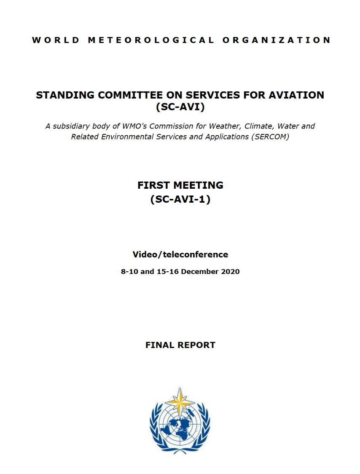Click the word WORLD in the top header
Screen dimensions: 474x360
pyautogui.click(x=56, y=40)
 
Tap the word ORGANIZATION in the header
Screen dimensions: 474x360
pyautogui.click(x=277, y=40)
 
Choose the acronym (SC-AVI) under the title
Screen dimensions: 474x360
pyautogui.click(x=180, y=107)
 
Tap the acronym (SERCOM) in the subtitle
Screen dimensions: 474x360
pyautogui.click(x=270, y=137)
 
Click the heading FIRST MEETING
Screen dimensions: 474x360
pyautogui.click(x=180, y=185)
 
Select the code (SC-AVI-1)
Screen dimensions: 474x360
pyautogui.click(x=180, y=199)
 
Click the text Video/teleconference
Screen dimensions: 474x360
pyautogui.click(x=180, y=254)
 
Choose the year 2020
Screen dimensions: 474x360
pyautogui.click(x=230, y=272)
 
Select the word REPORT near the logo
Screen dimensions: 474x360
pyautogui.click(x=196, y=345)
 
